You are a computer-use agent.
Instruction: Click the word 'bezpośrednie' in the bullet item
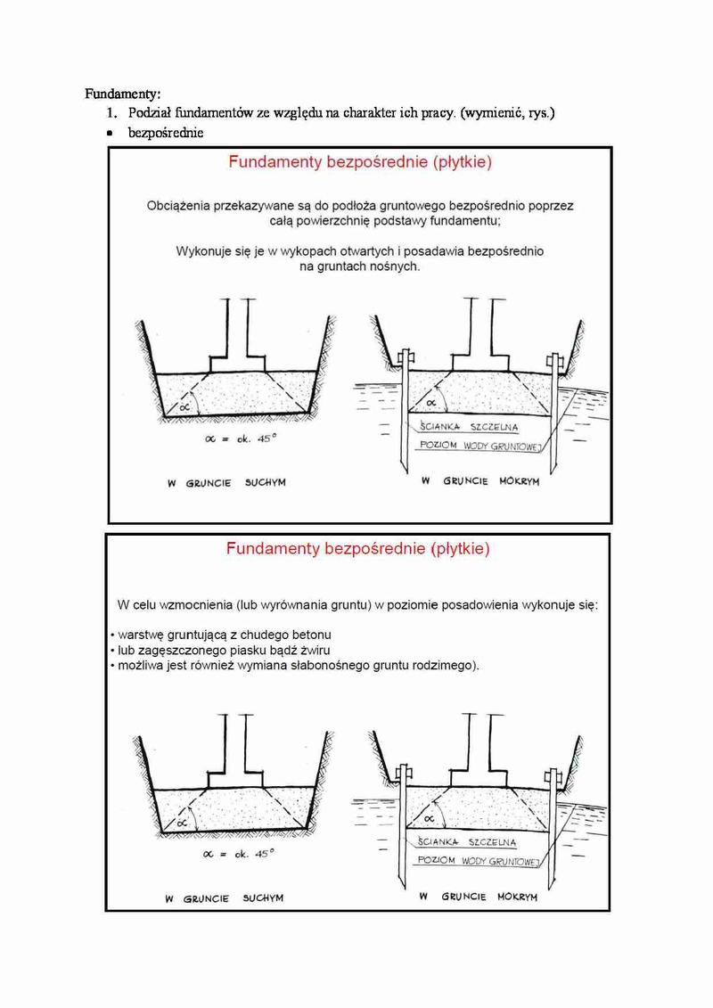(165, 134)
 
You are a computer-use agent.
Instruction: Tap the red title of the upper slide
(359, 163)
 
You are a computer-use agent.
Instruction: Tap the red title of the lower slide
(357, 549)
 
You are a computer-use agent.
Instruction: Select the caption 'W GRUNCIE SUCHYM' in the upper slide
(225, 482)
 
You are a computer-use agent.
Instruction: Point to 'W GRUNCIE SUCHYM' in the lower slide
(224, 898)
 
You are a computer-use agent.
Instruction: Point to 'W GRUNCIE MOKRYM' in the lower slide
(479, 896)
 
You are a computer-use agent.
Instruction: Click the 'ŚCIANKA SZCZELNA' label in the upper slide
(468, 427)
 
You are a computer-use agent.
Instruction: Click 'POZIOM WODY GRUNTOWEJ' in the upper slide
(481, 444)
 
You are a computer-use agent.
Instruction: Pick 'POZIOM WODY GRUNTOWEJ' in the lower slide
(480, 861)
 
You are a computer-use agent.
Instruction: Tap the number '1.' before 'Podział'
(112, 113)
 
